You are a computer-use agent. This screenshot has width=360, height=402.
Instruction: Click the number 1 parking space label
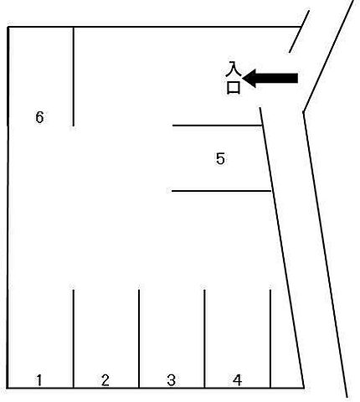(x=39, y=380)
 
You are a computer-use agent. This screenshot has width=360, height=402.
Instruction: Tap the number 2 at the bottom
(x=105, y=380)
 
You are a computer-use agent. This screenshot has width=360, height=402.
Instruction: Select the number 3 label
(x=171, y=380)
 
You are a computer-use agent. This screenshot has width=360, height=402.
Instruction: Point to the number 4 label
(x=237, y=380)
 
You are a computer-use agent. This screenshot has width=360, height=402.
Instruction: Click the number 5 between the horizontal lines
(x=220, y=158)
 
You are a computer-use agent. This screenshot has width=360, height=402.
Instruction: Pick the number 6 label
(x=39, y=117)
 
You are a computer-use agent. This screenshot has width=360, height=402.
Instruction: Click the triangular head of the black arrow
(x=249, y=79)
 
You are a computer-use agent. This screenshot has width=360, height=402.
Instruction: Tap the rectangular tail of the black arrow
(x=277, y=79)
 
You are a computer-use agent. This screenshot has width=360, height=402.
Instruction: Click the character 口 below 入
(x=233, y=88)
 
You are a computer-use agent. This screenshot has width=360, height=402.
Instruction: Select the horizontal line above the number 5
(x=217, y=126)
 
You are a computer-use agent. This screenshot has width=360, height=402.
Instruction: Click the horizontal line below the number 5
(x=221, y=191)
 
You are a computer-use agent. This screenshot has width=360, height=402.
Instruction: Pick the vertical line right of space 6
(x=73, y=76)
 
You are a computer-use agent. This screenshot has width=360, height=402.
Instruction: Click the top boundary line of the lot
(x=154, y=27)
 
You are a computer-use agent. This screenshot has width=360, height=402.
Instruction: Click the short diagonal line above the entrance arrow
(x=299, y=32)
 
